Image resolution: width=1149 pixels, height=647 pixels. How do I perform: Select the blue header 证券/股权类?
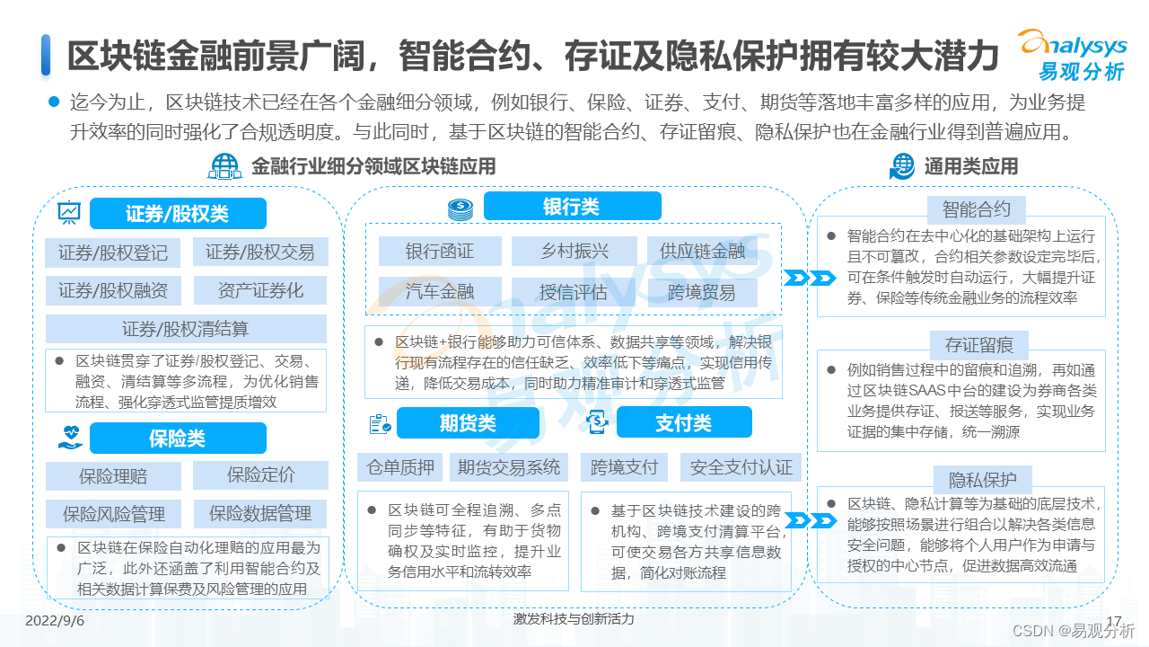point(178,214)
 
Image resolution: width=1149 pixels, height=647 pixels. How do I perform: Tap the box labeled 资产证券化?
point(260,290)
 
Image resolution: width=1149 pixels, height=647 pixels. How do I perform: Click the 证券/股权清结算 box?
point(186,329)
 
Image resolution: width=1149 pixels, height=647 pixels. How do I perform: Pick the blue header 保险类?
point(178,438)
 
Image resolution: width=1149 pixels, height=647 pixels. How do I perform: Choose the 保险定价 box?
point(260,474)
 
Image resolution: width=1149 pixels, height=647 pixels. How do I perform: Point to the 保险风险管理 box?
point(114,514)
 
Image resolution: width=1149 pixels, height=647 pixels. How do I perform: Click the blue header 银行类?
point(571,207)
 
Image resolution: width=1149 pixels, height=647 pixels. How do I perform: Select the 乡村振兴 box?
point(574,252)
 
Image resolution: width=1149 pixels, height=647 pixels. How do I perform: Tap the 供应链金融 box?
point(702,252)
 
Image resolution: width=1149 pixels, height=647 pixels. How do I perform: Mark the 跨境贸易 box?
point(702,292)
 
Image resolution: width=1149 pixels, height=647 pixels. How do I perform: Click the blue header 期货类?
point(468,422)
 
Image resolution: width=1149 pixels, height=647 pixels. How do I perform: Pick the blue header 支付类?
point(683,422)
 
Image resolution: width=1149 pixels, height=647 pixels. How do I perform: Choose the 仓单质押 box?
point(400,466)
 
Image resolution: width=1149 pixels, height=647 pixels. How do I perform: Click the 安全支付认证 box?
point(741,466)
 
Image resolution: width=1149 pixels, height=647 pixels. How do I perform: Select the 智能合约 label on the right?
point(977,209)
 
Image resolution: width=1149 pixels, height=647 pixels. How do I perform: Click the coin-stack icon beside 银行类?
point(460,208)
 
